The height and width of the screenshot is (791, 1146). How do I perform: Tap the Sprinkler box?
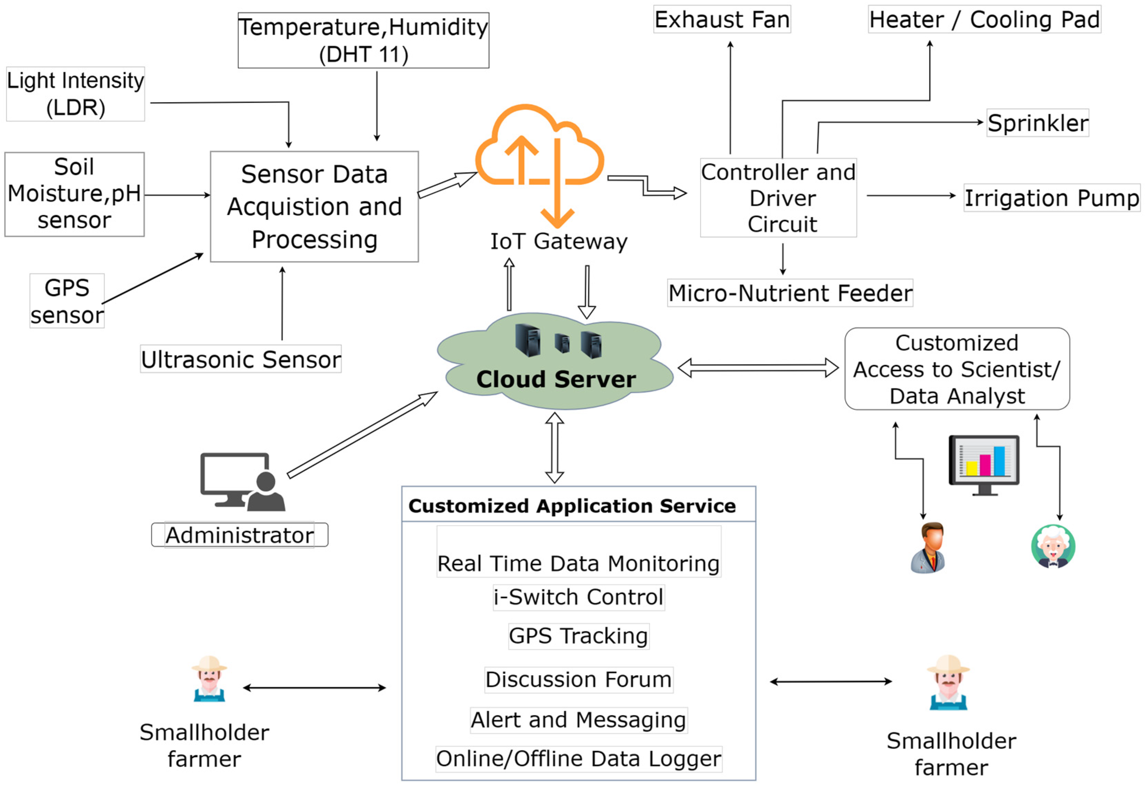point(1037,123)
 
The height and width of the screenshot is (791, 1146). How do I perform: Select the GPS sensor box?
point(67,301)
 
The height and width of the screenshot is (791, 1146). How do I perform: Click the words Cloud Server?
point(555,379)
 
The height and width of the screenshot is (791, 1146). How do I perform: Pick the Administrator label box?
point(239,535)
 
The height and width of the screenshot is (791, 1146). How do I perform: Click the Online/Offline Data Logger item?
point(578,759)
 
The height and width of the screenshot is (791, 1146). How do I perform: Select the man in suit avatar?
point(928,548)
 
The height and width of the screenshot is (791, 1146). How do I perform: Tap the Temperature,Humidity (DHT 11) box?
point(363,41)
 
